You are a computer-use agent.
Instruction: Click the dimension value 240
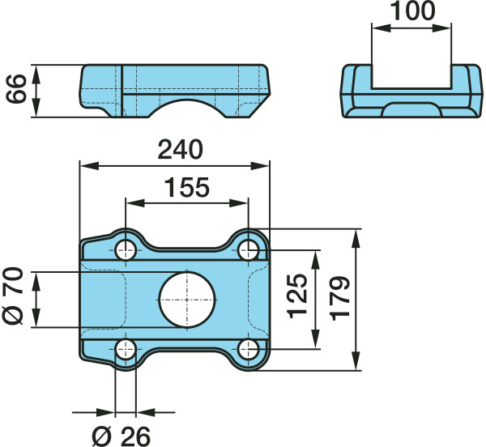(x=180, y=150)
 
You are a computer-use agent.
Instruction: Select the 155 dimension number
(x=187, y=187)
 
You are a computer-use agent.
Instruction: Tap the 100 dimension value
(x=412, y=11)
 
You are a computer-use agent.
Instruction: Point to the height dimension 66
(x=16, y=88)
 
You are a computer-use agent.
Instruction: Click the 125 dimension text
(x=297, y=296)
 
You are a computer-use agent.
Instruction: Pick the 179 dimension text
(x=339, y=298)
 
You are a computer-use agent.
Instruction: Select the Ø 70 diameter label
(x=13, y=296)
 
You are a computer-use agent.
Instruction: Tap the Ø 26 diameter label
(x=122, y=436)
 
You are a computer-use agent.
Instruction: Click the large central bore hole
(x=187, y=300)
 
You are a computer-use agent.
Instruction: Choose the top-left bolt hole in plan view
(x=126, y=249)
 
